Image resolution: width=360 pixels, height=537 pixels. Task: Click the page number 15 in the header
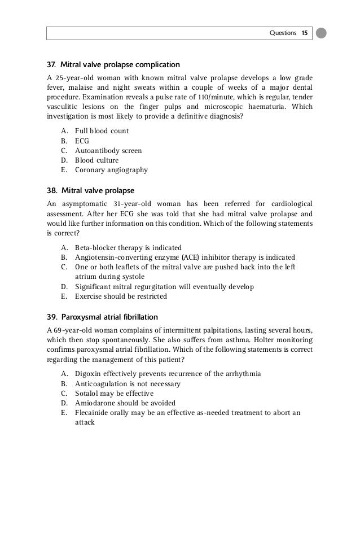tap(305, 33)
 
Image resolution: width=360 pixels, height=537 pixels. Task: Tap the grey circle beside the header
tap(322, 33)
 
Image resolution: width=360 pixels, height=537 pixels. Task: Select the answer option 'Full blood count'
tap(102, 131)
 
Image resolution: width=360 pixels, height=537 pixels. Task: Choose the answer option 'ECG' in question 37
tap(82, 141)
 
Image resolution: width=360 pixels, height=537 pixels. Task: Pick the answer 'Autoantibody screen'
tap(108, 150)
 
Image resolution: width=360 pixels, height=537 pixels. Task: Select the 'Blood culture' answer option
tap(99, 160)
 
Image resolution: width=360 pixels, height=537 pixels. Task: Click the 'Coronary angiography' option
tap(111, 169)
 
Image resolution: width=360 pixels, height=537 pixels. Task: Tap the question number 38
tap(51, 189)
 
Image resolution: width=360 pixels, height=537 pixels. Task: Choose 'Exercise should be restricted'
tap(121, 296)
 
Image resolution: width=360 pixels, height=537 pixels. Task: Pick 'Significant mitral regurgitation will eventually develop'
tap(164, 286)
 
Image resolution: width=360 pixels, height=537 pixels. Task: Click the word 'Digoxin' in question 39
tap(88, 374)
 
